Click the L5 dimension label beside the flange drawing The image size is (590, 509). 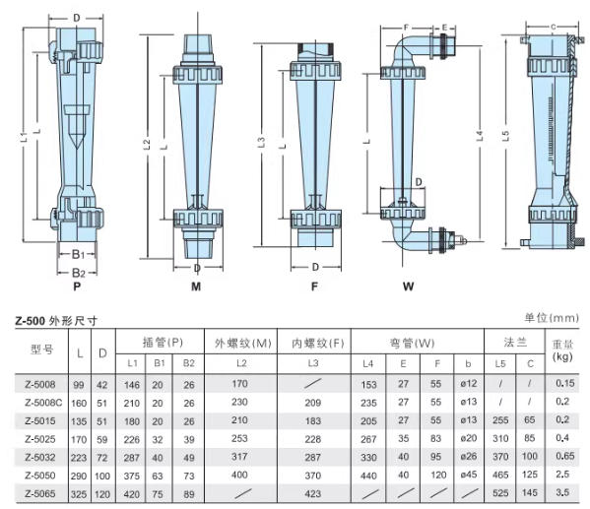(x=505, y=139)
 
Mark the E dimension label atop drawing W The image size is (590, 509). (x=443, y=29)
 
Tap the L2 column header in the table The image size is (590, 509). (x=240, y=364)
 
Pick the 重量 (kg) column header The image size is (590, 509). (x=561, y=351)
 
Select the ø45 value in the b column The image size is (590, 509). (x=468, y=475)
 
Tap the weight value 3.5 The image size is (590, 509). (x=561, y=493)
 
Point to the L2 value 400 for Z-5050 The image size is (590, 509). (x=240, y=475)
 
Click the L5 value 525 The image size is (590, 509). (x=500, y=493)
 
